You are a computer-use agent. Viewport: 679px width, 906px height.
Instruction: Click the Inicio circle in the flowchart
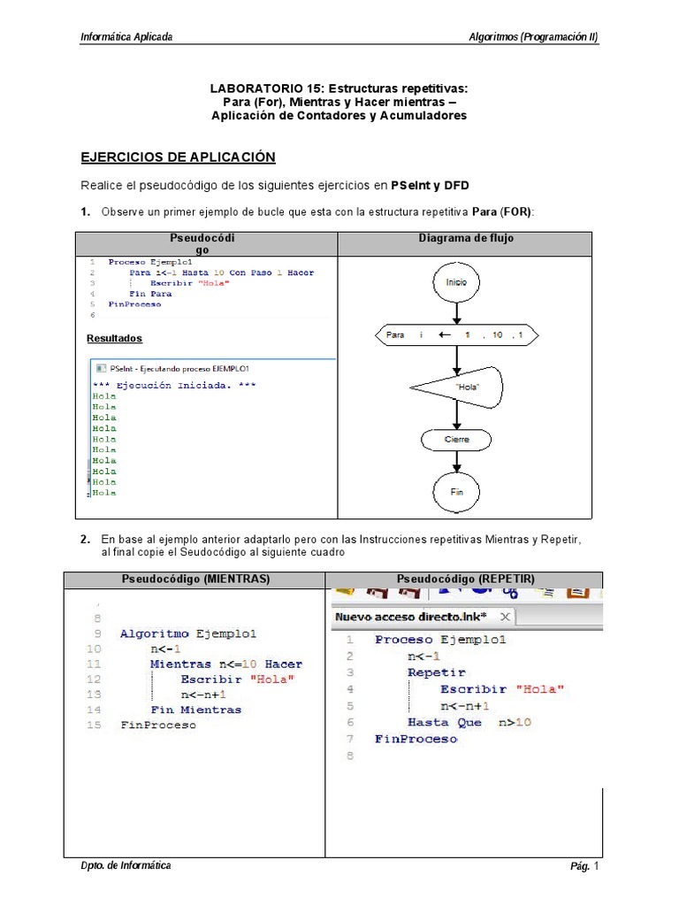point(456,282)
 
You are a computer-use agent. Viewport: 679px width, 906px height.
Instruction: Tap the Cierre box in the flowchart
point(456,439)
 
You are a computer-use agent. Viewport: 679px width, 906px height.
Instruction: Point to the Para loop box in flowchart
point(455,335)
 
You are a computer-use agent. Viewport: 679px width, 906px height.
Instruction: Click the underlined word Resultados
point(114,338)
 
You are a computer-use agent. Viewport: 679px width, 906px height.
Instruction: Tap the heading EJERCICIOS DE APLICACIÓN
point(178,157)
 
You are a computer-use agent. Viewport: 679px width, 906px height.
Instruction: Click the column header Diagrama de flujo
point(465,239)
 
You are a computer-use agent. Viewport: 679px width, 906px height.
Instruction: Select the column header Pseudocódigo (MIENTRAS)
point(195,579)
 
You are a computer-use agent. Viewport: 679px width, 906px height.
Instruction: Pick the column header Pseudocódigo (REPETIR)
point(465,579)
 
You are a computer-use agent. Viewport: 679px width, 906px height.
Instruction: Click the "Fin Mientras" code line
point(195,709)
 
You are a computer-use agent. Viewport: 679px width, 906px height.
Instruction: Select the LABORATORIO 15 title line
point(339,88)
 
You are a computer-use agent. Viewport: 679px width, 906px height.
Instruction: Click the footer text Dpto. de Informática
point(126,865)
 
